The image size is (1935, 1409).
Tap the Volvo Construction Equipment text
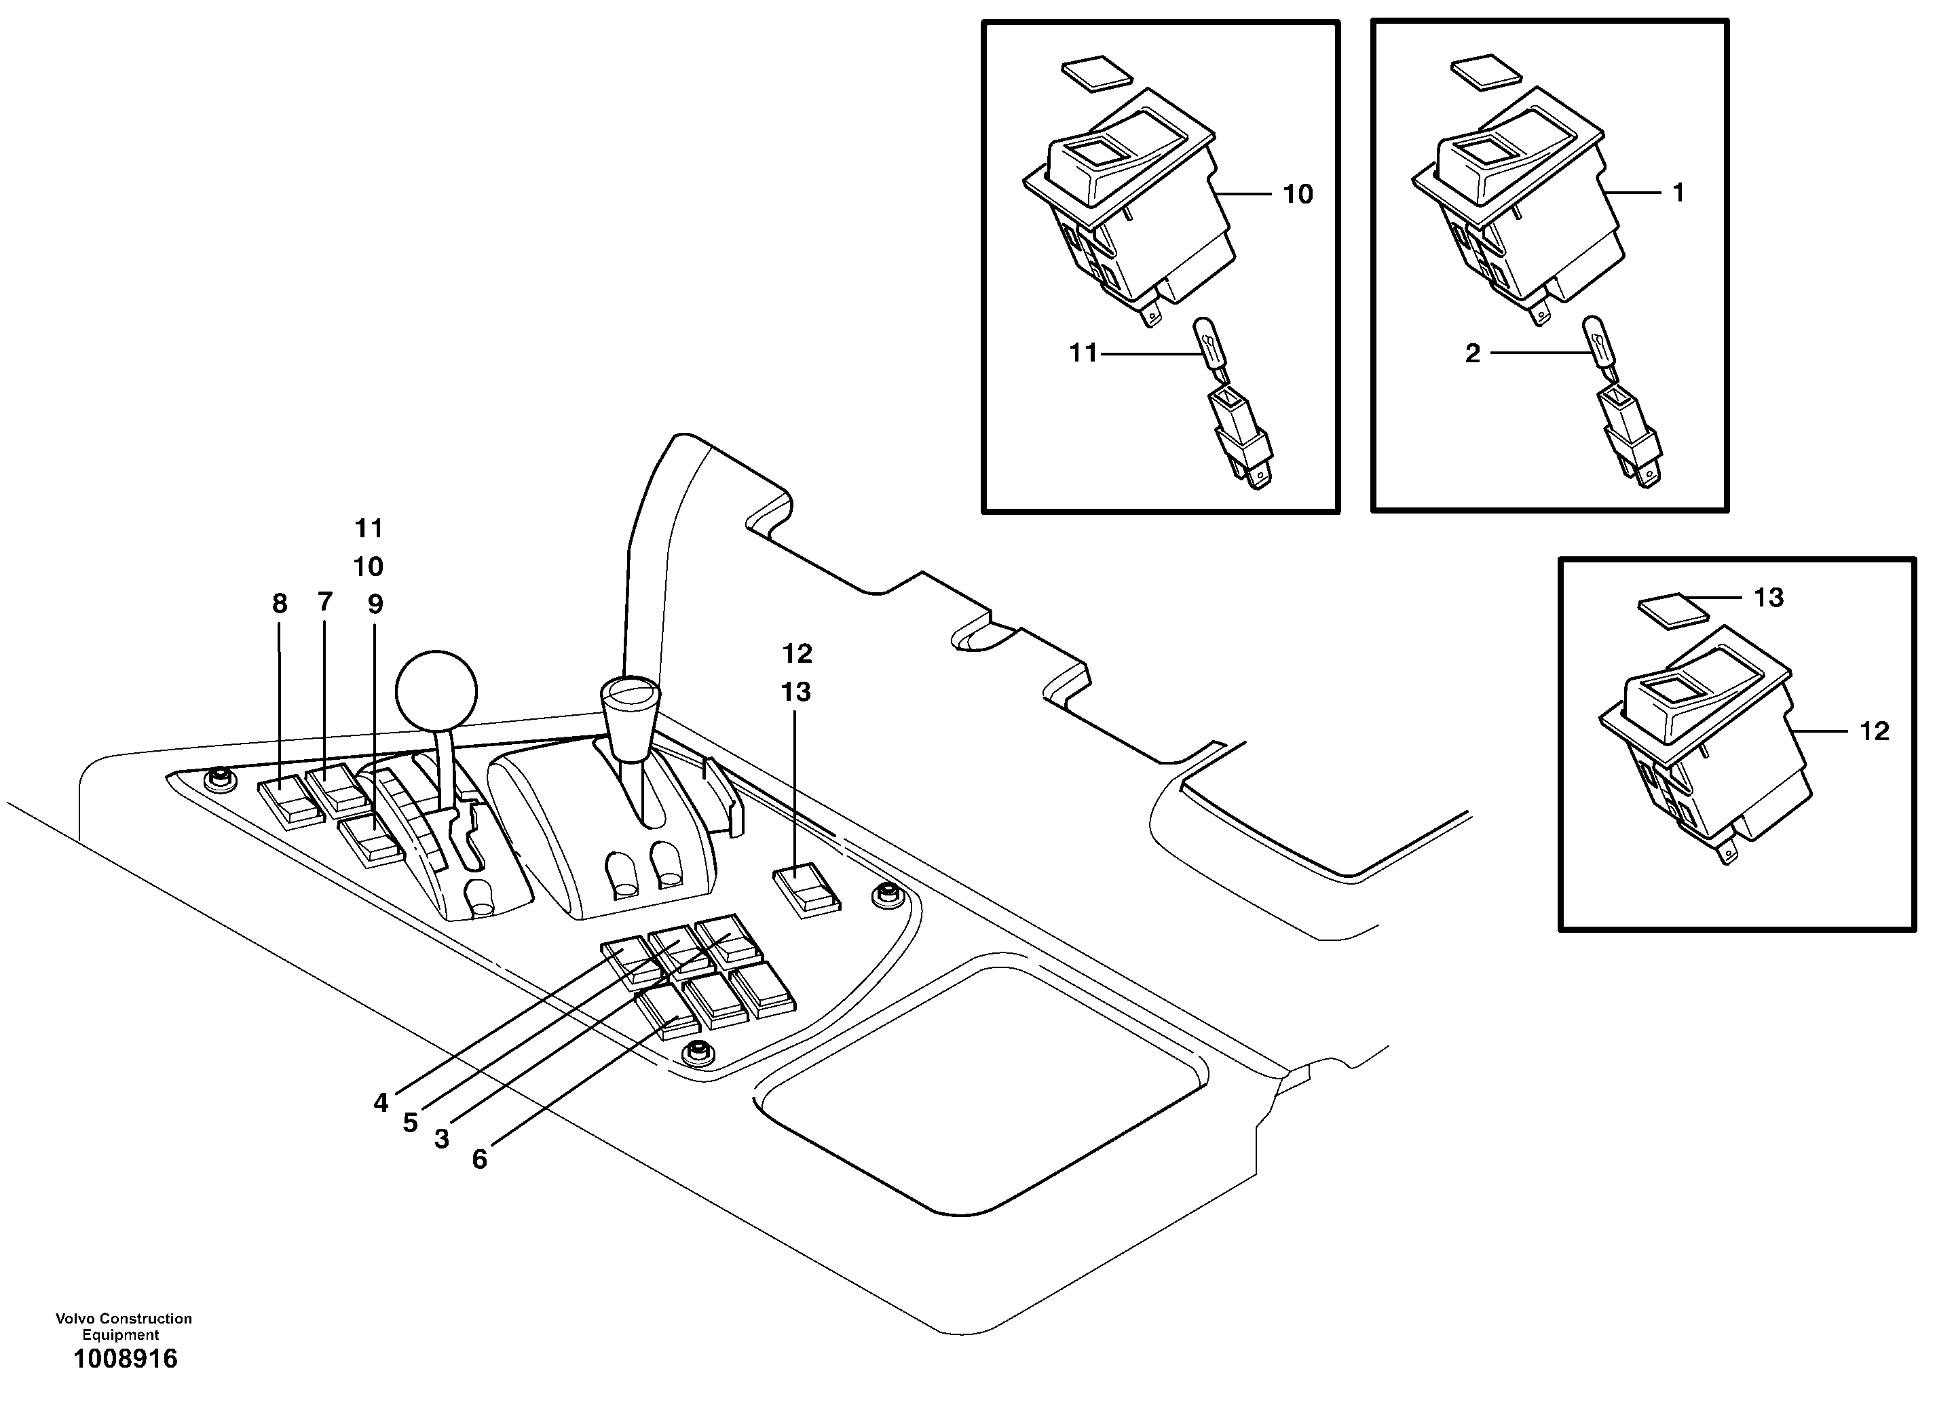[124, 1326]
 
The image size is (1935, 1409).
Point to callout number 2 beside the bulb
[1473, 353]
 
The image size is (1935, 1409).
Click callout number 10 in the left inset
[1298, 195]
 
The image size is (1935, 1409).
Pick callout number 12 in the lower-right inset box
[1875, 731]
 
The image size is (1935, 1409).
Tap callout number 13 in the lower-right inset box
[1769, 598]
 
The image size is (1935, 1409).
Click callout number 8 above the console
[280, 604]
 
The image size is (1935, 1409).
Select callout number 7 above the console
[324, 602]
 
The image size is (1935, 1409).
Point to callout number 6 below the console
[479, 1159]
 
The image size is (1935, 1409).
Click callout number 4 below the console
[381, 1103]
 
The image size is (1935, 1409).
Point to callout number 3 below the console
[441, 1138]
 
